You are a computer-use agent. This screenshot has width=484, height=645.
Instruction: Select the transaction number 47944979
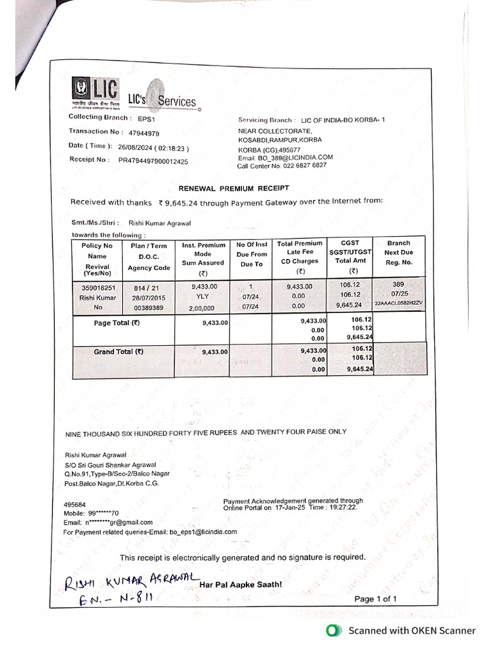coord(144,134)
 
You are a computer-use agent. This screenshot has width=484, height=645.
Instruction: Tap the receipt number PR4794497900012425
coord(153,161)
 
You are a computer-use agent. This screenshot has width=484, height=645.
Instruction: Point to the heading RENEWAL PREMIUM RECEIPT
coord(234,188)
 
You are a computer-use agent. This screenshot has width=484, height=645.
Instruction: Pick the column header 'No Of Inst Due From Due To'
coord(251,254)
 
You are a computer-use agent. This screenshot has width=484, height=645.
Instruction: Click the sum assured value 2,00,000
coord(202,308)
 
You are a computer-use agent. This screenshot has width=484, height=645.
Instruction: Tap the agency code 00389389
coord(149,307)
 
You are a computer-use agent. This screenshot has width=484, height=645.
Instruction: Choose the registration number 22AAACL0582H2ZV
coord(399,304)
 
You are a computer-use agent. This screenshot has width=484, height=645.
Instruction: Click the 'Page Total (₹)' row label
coord(117,323)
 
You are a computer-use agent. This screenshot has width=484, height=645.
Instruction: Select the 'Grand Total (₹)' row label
coord(118,351)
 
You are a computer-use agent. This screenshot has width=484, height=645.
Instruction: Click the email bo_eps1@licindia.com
coord(203,532)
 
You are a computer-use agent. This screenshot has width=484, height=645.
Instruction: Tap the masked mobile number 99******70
coord(105,513)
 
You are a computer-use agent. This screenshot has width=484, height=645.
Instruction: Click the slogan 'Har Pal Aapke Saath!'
coord(241,585)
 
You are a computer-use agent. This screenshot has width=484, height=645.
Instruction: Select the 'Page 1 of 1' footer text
coord(376,599)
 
